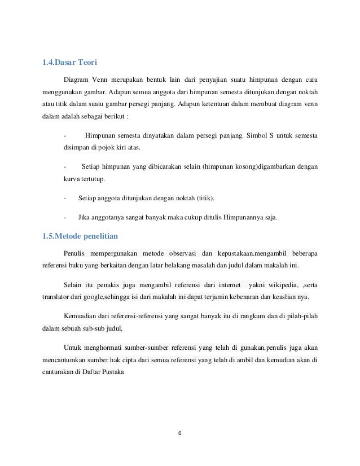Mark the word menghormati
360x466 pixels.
click(106, 348)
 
